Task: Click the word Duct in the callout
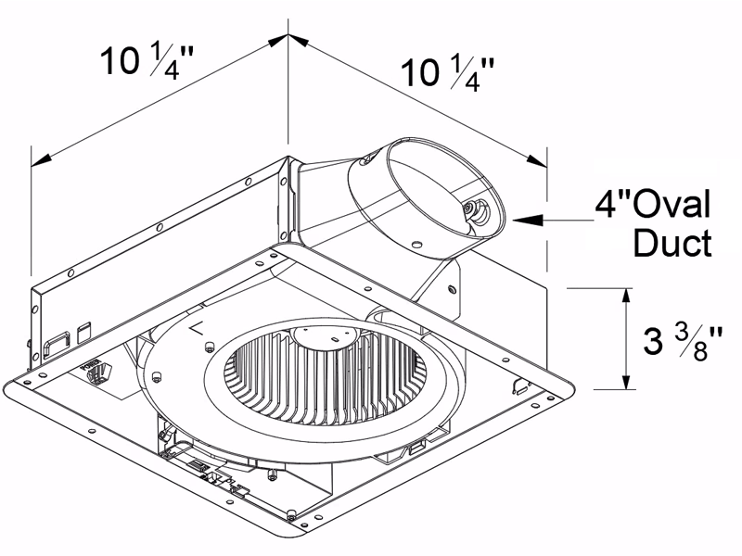coord(672,243)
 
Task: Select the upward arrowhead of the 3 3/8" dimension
coord(628,295)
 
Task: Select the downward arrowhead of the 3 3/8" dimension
coord(628,384)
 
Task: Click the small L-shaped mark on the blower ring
coord(196,327)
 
